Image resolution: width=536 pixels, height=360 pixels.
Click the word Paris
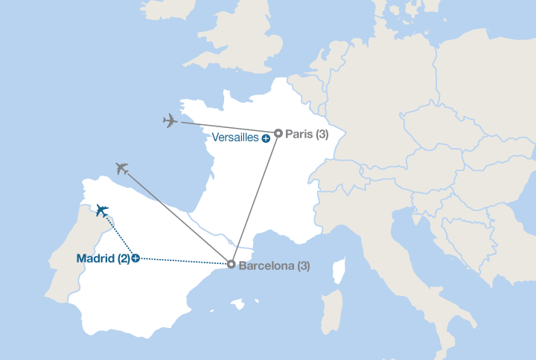pyautogui.click(x=299, y=134)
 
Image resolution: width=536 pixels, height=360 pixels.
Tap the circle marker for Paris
pyautogui.click(x=278, y=134)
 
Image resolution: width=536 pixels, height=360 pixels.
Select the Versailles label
pyautogui.click(x=234, y=138)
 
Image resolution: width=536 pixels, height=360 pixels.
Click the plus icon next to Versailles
pyautogui.click(x=265, y=138)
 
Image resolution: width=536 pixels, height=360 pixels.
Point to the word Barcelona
pyautogui.click(x=267, y=266)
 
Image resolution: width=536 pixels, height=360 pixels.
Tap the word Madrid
pyautogui.click(x=96, y=259)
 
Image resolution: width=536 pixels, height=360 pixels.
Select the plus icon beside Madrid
pyautogui.click(x=135, y=259)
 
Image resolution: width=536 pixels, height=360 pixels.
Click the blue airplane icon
pyautogui.click(x=101, y=210)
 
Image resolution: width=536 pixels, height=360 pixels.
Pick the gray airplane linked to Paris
pyautogui.click(x=170, y=120)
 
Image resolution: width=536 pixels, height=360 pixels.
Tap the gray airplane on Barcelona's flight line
pyautogui.click(x=122, y=169)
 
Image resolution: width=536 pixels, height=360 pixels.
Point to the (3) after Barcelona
pyautogui.click(x=304, y=266)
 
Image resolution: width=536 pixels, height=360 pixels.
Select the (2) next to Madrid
pyautogui.click(x=123, y=259)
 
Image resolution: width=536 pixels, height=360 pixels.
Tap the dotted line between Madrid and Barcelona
pyautogui.click(x=182, y=261)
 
